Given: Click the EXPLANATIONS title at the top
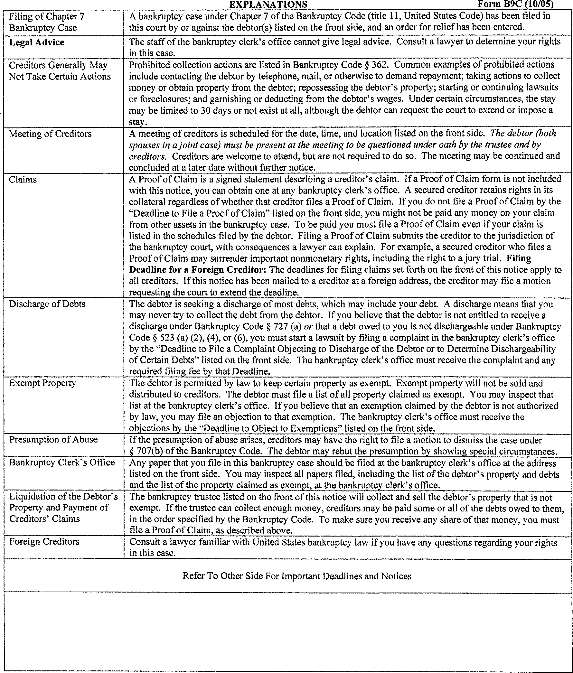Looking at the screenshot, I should click(268, 4).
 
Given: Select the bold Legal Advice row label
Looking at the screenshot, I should click(36, 42).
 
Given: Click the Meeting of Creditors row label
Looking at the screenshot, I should click(50, 134).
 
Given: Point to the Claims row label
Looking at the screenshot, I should click(23, 180).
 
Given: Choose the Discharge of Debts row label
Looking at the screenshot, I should click(47, 304).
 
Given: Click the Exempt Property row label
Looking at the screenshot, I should click(42, 383).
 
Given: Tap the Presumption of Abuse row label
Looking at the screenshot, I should click(53, 439).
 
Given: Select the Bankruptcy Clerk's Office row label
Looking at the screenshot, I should click(62, 463).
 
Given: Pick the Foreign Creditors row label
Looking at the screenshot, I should click(44, 541).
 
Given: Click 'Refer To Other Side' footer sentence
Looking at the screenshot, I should click(296, 576).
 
